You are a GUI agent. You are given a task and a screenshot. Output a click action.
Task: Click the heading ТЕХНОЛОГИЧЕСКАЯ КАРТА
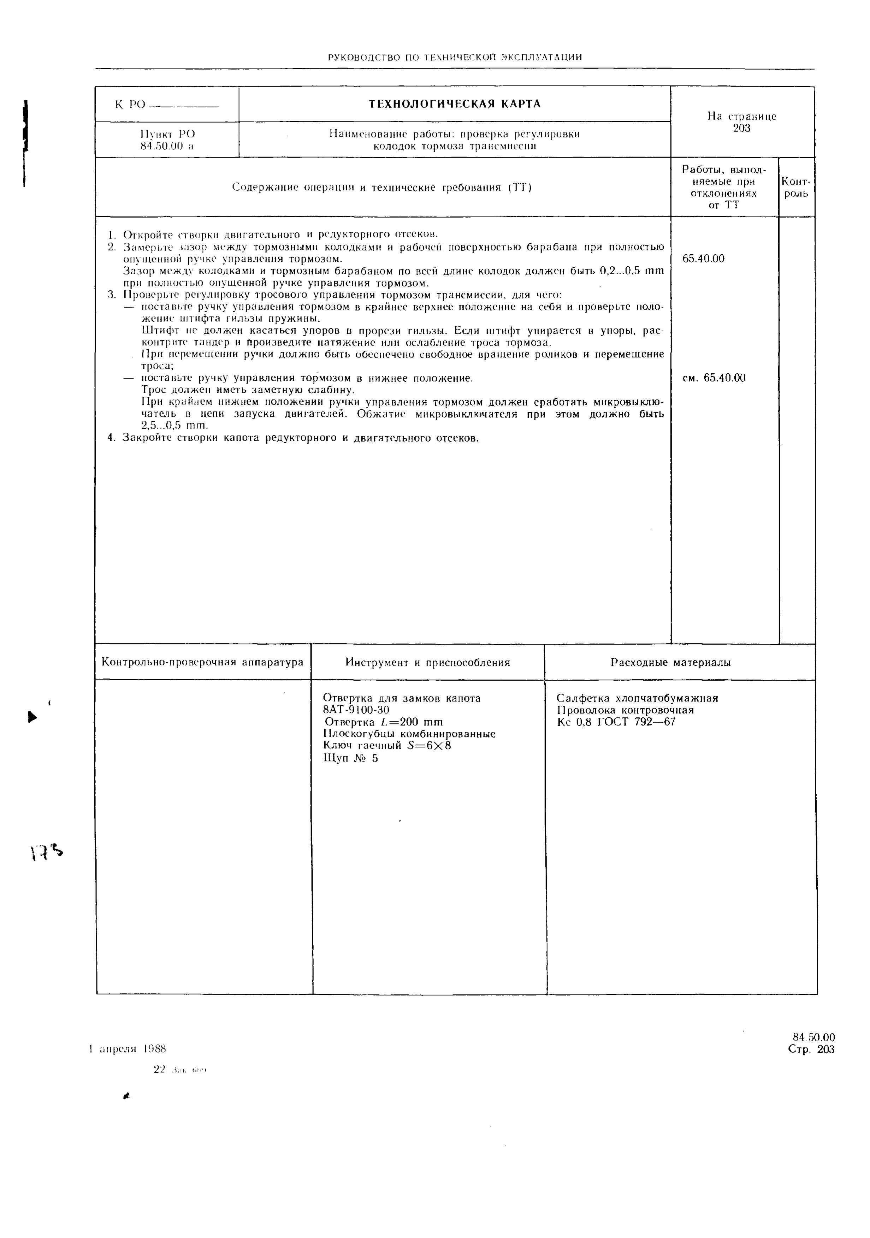pyautogui.click(x=454, y=104)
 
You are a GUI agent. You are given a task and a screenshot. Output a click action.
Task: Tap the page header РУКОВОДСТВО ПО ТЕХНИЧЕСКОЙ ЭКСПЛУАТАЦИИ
pyautogui.click(x=455, y=57)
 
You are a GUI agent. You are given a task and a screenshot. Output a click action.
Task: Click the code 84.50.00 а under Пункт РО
pyautogui.click(x=167, y=146)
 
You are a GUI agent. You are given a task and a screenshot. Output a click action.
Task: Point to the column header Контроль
pyautogui.click(x=796, y=187)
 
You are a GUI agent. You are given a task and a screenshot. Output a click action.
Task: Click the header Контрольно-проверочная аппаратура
pyautogui.click(x=203, y=662)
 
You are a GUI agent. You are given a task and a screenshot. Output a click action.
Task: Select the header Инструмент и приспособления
pyautogui.click(x=428, y=662)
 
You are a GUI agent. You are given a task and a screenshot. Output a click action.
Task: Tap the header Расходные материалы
pyautogui.click(x=670, y=662)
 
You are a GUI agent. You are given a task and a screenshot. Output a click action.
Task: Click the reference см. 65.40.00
pyautogui.click(x=714, y=378)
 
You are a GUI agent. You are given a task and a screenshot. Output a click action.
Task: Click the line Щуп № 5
pyautogui.click(x=351, y=758)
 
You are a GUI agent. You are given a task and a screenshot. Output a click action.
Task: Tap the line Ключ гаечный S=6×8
pyautogui.click(x=387, y=746)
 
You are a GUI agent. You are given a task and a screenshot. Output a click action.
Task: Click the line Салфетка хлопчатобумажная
pyautogui.click(x=637, y=698)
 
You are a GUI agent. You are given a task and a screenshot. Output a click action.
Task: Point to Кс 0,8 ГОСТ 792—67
pyautogui.click(x=616, y=722)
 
